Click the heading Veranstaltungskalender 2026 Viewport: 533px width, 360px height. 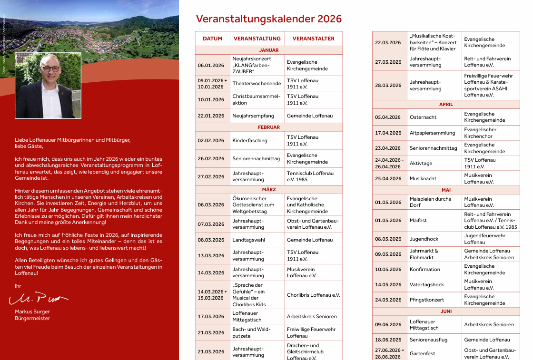point(269,19)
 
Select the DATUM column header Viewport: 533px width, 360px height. point(212,39)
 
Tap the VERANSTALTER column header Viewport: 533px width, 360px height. point(313,39)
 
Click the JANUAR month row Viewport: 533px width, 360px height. point(269,50)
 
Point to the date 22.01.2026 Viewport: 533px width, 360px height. point(211,116)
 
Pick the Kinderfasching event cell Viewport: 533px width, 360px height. point(250,140)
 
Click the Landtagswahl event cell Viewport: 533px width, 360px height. point(249,240)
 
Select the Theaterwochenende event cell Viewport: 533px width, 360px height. point(257,83)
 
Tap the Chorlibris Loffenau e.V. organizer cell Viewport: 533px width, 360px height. point(313,295)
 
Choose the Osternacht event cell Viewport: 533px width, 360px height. point(423,117)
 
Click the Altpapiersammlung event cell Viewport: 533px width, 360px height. point(432,133)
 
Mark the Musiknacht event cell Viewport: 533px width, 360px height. point(423,178)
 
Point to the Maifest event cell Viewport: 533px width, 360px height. point(418,220)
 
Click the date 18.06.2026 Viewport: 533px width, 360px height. point(388,340)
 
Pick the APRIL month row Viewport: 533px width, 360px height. point(446,104)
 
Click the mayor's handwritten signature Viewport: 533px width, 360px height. point(38,298)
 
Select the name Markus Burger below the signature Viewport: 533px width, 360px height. point(32,311)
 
